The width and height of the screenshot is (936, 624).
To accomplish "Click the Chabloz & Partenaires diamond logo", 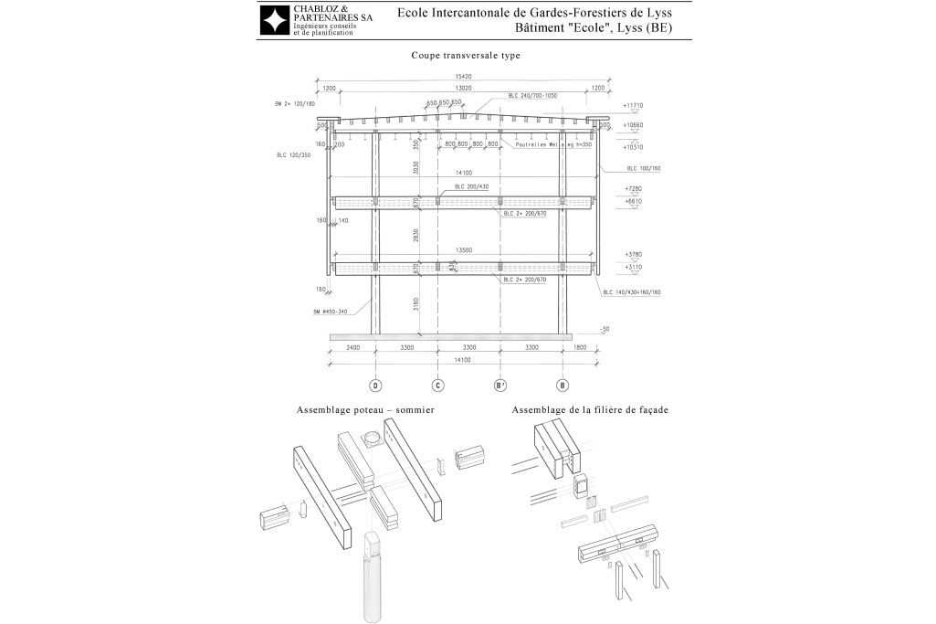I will click(275, 20).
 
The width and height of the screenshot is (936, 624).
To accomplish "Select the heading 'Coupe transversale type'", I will click(466, 56).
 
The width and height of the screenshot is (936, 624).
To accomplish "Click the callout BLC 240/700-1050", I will click(532, 95).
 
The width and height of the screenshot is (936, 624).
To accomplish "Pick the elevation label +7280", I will click(634, 188).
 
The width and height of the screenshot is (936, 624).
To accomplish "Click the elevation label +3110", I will click(634, 266).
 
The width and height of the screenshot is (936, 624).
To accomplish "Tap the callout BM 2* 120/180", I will click(294, 104).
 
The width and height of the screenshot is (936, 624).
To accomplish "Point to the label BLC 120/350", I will click(294, 155).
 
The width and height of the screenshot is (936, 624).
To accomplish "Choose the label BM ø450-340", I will click(330, 312).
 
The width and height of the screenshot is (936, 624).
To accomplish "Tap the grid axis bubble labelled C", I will click(437, 386).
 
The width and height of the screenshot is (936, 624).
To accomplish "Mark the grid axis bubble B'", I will click(500, 386).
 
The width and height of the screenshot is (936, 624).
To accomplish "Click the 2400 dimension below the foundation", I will click(352, 348).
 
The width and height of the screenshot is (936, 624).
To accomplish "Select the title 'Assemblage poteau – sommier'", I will click(365, 411).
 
